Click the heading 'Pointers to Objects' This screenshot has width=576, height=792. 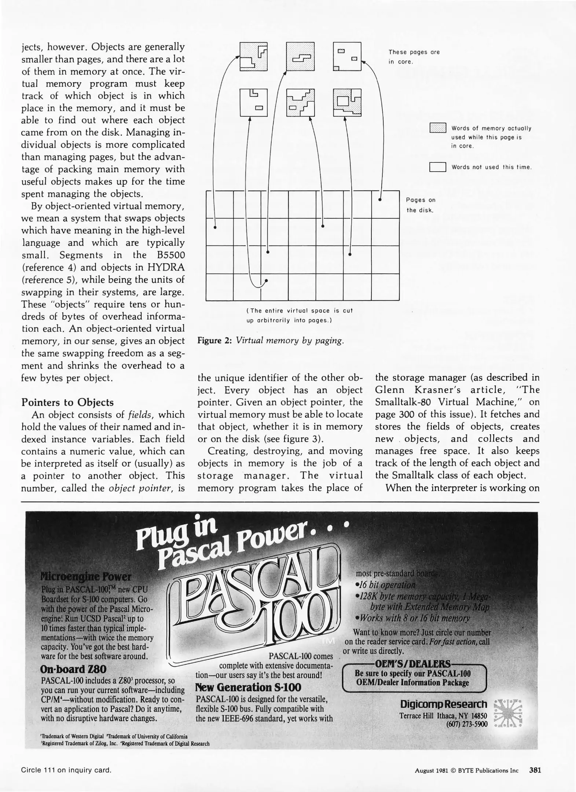click(x=67, y=402)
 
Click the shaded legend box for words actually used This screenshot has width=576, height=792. click(x=437, y=128)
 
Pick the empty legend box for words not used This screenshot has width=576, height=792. click(x=437, y=167)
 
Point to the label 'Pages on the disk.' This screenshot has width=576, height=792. click(x=420, y=205)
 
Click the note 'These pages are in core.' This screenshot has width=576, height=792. click(x=414, y=57)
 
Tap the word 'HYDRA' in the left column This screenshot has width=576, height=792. click(x=166, y=267)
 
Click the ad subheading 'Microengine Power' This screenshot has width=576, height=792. click(x=86, y=576)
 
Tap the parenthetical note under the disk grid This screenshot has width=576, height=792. click(x=299, y=315)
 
